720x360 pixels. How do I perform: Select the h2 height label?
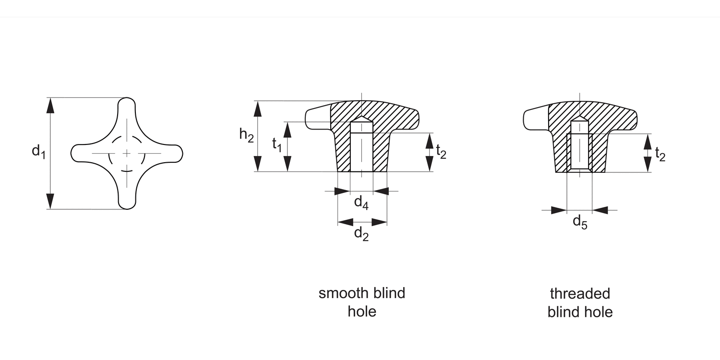point(246,135)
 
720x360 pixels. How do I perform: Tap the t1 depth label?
point(277,144)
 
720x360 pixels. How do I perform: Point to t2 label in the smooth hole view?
point(441,152)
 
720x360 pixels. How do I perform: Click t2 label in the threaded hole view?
point(660,154)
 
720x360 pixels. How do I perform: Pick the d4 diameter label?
point(361,202)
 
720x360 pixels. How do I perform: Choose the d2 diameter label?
point(361,233)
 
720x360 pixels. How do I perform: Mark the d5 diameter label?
point(580,222)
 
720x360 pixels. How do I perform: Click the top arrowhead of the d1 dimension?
point(50,105)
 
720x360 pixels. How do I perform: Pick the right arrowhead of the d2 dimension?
point(379,222)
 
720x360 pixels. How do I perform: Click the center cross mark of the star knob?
point(127,153)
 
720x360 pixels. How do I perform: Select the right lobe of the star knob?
point(176,153)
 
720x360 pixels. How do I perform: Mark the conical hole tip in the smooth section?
point(362,118)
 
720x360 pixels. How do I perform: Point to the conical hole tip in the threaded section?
point(580,118)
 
